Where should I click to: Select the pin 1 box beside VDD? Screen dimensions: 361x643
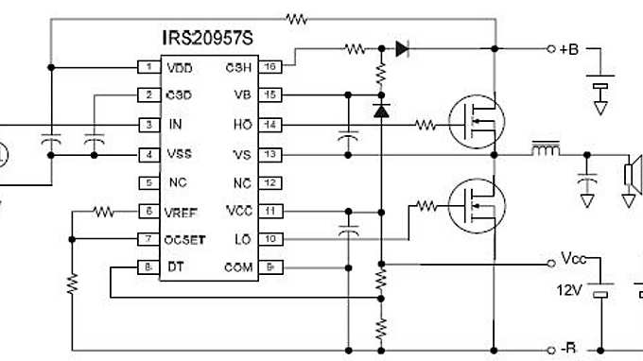[x=148, y=67]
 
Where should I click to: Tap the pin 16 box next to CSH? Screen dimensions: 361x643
[x=269, y=67]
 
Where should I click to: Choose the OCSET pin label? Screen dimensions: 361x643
[x=185, y=239]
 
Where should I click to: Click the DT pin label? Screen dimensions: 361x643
[x=175, y=268]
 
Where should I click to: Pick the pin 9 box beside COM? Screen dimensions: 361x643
[x=269, y=268]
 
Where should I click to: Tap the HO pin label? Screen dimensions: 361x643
[x=242, y=124]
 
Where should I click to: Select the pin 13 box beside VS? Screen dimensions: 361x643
[x=269, y=153]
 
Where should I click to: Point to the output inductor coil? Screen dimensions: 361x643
[x=544, y=150]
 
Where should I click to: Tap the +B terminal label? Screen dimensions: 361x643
[x=570, y=49]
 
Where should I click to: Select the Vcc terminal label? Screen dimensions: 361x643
[x=575, y=258]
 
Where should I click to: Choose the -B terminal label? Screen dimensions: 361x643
[x=568, y=349]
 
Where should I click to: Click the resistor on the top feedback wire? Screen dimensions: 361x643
[x=299, y=17]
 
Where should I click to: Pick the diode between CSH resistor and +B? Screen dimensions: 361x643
[x=402, y=46]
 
